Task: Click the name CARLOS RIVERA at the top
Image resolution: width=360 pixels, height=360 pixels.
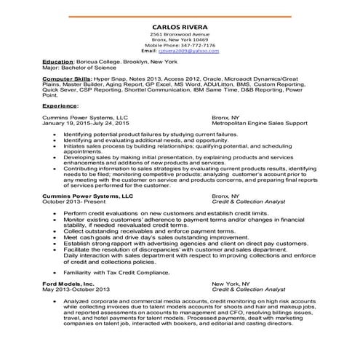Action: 179,26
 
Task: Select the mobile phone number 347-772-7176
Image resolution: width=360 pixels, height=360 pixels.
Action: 191,46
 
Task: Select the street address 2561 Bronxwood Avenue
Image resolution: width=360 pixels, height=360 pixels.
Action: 179,34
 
